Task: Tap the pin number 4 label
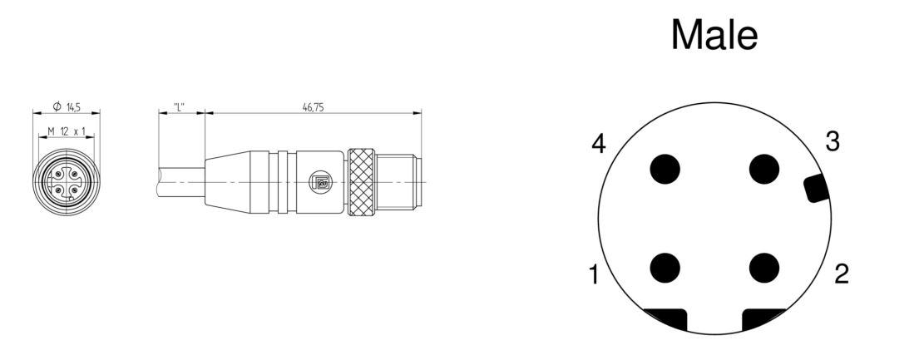pos(599,144)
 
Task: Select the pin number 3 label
pos(832,142)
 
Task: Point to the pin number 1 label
pos(594,274)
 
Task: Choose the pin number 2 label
pos(842,274)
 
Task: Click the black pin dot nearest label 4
pos(665,169)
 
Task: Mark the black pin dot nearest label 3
pos(764,169)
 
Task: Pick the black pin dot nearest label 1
pos(665,268)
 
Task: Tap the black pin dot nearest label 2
pos(764,268)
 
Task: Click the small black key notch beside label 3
pos(817,189)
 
